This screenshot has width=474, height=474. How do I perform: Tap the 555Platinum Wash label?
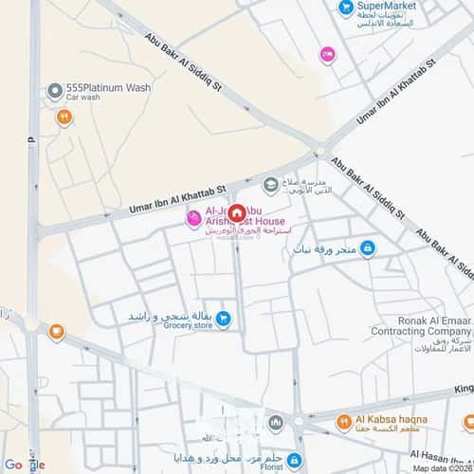click(108, 87)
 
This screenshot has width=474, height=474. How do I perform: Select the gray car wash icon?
click(54, 92)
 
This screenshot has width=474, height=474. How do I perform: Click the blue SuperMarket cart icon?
click(346, 8)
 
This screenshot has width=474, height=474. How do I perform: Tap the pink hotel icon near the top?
click(327, 55)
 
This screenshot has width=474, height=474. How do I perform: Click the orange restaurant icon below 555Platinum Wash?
click(64, 118)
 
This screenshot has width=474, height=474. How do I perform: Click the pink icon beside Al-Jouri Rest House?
click(193, 220)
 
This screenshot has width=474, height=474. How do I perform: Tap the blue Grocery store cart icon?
click(224, 319)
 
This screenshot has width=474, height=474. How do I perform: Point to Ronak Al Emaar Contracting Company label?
click(408, 326)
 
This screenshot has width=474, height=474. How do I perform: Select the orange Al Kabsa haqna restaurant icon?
click(344, 419)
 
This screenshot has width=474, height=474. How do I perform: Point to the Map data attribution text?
click(440, 468)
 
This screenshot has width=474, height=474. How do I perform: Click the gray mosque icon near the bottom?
click(274, 420)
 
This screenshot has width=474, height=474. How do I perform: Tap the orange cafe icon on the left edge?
click(56, 332)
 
